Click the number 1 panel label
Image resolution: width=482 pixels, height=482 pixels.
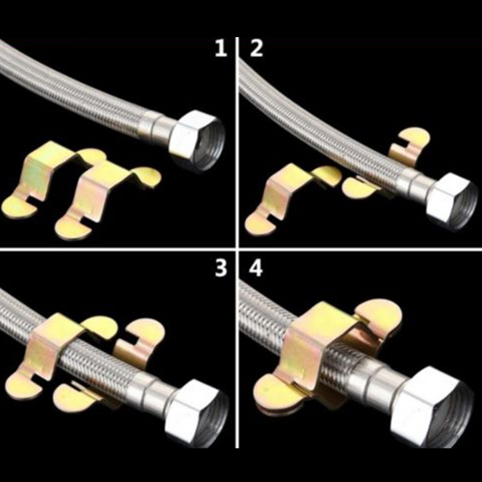pos(221,49)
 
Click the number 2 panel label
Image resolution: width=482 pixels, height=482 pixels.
pos(256,49)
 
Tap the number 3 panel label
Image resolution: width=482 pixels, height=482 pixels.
pos(221,268)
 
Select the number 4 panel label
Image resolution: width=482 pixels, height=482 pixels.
pos(256,268)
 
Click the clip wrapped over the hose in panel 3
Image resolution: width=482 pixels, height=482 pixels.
pos(52,353)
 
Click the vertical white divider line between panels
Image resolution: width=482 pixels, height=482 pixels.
pos(237,243)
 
